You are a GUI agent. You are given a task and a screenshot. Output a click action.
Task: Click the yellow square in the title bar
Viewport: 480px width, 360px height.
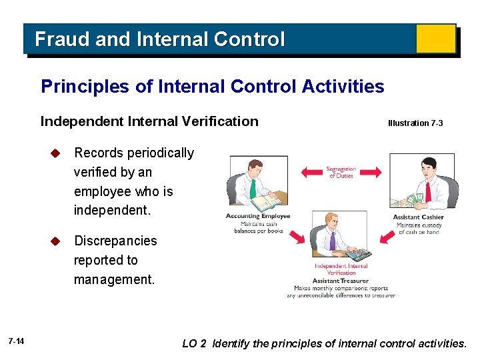click(x=435, y=39)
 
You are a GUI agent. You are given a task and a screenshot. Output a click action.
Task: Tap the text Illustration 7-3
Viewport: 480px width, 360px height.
click(x=415, y=123)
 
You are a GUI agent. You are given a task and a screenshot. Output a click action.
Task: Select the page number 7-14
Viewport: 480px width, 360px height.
click(x=17, y=342)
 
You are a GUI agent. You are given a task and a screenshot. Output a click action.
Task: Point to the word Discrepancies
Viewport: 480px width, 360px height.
click(x=115, y=241)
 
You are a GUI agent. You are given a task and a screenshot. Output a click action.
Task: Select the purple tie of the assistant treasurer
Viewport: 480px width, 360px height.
click(x=333, y=241)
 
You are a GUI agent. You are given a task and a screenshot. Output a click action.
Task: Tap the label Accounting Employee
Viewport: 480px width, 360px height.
click(x=258, y=217)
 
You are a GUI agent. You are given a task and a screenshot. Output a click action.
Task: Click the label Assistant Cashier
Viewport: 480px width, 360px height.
click(x=418, y=217)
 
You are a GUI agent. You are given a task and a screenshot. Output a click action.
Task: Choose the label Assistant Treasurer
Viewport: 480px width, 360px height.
click(x=341, y=281)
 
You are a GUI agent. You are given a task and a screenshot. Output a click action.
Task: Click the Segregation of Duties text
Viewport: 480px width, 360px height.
click(x=341, y=173)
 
